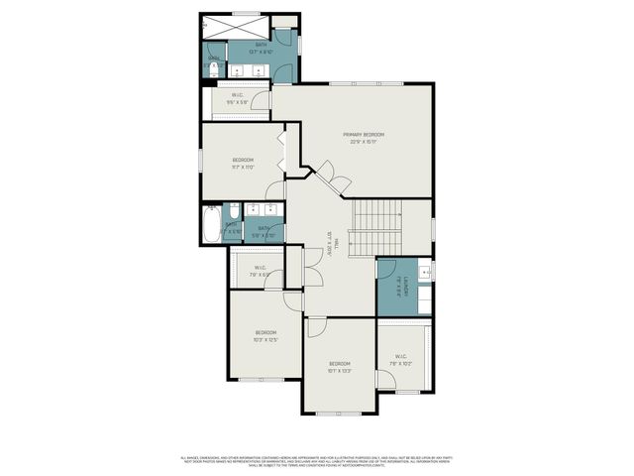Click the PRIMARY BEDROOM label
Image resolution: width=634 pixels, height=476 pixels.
tap(364, 138)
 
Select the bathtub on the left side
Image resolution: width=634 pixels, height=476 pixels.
tap(211, 225)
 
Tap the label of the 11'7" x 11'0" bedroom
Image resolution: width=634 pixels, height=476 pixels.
tap(243, 164)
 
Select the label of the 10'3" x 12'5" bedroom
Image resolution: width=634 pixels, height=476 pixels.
tap(264, 336)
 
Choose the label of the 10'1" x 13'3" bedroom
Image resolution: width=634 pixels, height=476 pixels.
tap(340, 367)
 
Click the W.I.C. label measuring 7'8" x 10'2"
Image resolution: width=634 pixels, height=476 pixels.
tap(401, 360)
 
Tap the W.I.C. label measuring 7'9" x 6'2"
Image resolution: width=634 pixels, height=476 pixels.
tap(260, 271)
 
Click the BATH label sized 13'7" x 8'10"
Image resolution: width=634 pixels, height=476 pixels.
tap(262, 49)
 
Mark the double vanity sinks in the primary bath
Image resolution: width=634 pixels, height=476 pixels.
tap(252, 70)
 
